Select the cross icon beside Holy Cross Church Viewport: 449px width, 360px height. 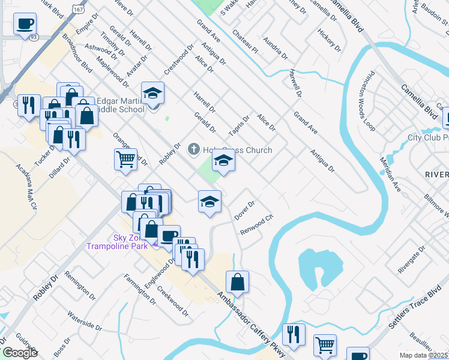[x=193, y=148]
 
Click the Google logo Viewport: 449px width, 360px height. [x=19, y=353]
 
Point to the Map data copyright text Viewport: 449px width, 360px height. [x=423, y=355]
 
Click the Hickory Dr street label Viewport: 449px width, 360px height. [x=330, y=40]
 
